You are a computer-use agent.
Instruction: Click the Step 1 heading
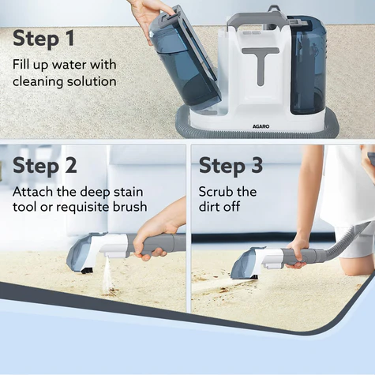(43, 39)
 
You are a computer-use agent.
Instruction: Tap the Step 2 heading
(45, 166)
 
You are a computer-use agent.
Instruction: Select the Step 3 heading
(231, 166)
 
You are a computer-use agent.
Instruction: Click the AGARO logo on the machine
(261, 126)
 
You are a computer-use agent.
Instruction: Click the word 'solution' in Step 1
(92, 81)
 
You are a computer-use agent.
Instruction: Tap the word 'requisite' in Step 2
(84, 207)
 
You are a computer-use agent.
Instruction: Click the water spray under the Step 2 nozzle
(108, 275)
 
